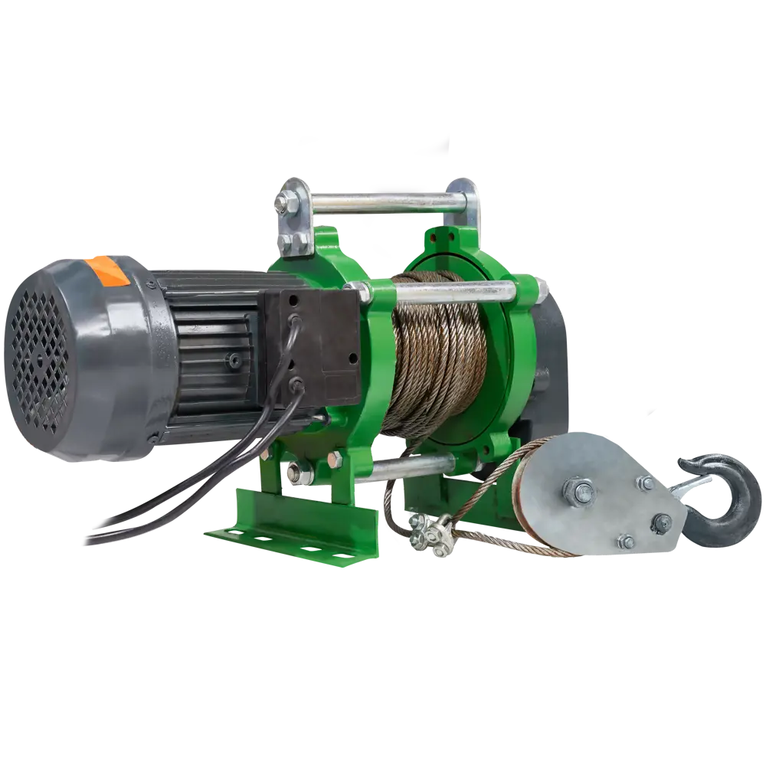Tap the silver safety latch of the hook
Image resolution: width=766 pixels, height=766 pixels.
(x=693, y=484)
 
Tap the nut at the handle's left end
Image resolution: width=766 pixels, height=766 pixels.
(x=285, y=205)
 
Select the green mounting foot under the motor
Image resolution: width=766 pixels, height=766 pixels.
(x=291, y=529)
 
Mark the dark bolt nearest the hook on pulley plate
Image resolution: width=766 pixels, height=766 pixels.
(x=660, y=522)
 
